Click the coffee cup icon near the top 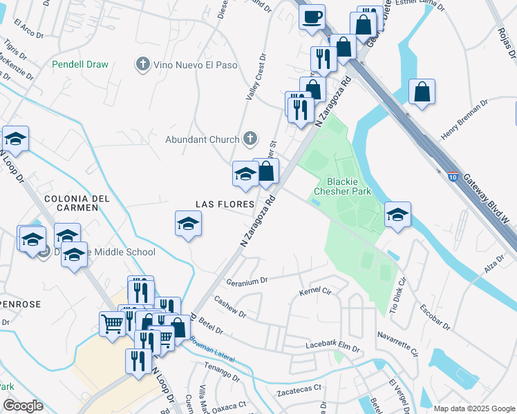pos(312,15)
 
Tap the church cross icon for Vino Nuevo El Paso pos(143,64)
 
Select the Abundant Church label pos(202,139)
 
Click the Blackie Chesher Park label pos(344,186)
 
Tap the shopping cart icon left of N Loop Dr pos(112,322)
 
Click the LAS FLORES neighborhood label pos(220,204)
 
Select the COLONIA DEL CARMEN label pos(77,205)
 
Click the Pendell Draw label pos(80,64)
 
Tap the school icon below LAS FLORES pos(188,224)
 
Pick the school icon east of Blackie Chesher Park pos(397,215)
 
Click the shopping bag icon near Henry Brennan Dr pos(422,92)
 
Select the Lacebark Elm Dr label pos(333,347)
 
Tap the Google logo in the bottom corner pos(23,405)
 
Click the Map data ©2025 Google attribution pos(473,408)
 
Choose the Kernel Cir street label pos(315,293)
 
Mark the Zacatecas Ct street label pos(299,388)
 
